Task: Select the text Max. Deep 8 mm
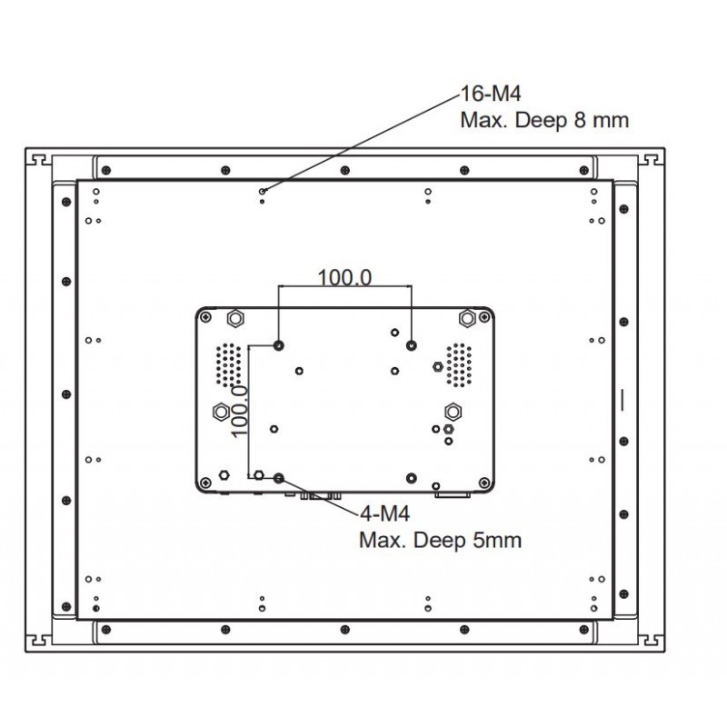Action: click(544, 120)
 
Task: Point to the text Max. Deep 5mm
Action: click(441, 541)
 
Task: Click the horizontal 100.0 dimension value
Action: click(344, 277)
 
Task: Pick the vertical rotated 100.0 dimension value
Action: click(240, 412)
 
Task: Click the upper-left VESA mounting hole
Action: click(279, 345)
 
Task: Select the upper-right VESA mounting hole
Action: click(412, 345)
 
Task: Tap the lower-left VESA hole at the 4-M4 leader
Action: click(279, 478)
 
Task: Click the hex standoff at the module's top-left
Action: click(234, 318)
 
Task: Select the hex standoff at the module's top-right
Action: click(468, 318)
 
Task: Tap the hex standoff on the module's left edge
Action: click(219, 410)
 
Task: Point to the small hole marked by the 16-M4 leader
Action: click(263, 191)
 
